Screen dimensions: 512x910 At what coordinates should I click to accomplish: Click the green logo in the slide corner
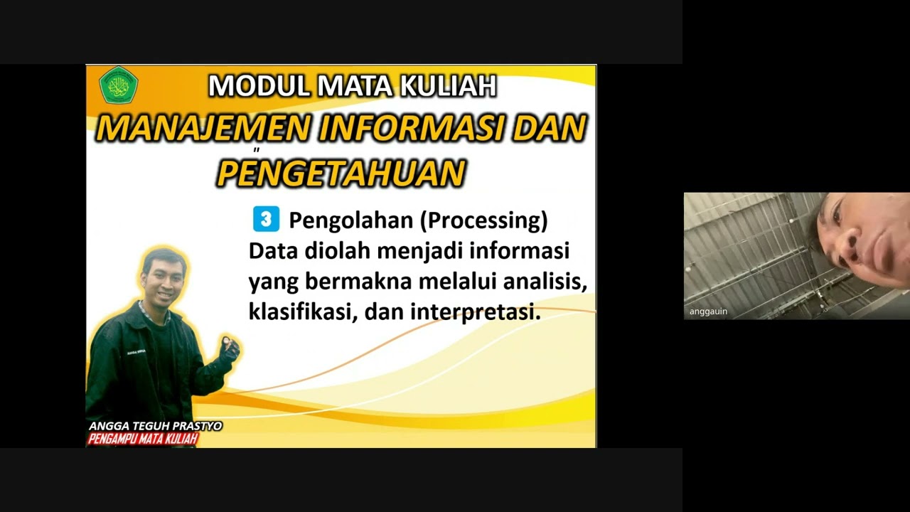118,85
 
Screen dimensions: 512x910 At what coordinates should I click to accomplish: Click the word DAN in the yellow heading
549,129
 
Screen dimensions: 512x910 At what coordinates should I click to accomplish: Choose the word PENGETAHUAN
341,174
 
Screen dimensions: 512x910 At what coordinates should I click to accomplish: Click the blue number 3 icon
266,220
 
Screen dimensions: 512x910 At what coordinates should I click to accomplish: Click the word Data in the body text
274,251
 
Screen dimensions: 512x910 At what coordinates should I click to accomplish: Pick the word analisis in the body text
545,282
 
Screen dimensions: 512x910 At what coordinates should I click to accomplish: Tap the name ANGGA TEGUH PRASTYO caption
155,426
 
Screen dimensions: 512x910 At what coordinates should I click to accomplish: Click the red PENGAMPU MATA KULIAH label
142,439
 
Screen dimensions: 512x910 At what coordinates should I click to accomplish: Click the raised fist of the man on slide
230,347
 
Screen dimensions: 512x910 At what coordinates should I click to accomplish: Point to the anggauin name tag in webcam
708,311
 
